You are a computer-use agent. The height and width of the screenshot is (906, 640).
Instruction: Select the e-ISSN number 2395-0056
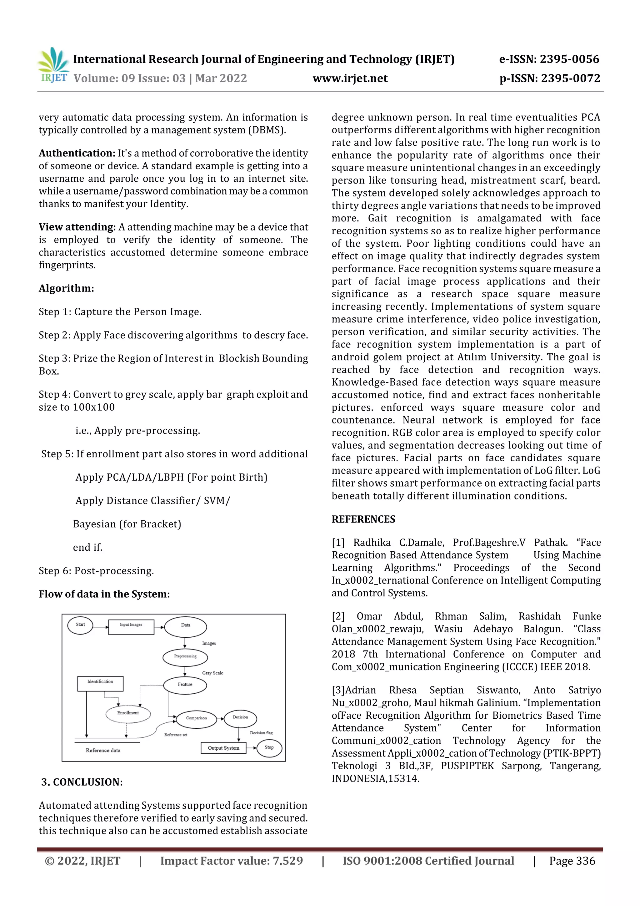pos(569,59)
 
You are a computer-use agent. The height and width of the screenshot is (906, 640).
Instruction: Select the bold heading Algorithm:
pos(66,288)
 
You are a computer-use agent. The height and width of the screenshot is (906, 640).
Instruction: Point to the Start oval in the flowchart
pos(80,625)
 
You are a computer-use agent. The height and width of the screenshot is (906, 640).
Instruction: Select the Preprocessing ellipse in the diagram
pos(185,657)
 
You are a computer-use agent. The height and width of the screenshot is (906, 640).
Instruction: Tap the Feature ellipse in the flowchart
pos(185,685)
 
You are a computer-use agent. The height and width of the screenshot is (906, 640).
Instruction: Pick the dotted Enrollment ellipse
pos(128,713)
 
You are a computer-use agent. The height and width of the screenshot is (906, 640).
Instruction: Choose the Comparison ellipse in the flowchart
pos(196,719)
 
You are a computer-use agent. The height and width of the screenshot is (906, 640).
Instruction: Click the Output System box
pos(223,748)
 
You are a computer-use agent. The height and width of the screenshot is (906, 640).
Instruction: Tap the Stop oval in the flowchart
pos(269,748)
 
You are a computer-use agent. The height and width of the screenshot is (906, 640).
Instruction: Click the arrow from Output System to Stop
pos(251,748)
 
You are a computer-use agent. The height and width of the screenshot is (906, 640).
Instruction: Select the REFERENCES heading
pos(363,519)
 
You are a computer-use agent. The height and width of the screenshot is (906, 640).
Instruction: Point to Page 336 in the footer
pos(572,861)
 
